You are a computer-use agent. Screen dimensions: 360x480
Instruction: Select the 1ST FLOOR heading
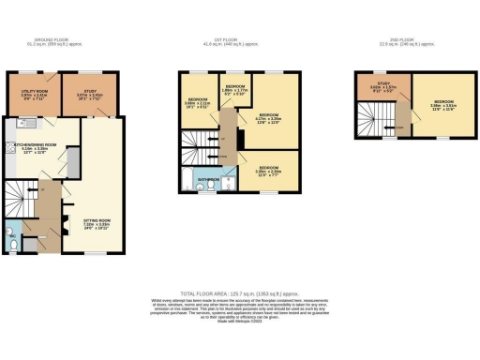point(240,40)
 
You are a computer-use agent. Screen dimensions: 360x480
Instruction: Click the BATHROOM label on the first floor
point(207,177)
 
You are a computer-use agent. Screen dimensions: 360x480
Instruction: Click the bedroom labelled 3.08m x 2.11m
point(197,102)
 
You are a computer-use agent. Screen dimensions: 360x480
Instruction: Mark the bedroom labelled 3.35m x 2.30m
point(270,171)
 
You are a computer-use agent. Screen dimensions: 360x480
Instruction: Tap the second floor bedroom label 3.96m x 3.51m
point(442,104)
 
